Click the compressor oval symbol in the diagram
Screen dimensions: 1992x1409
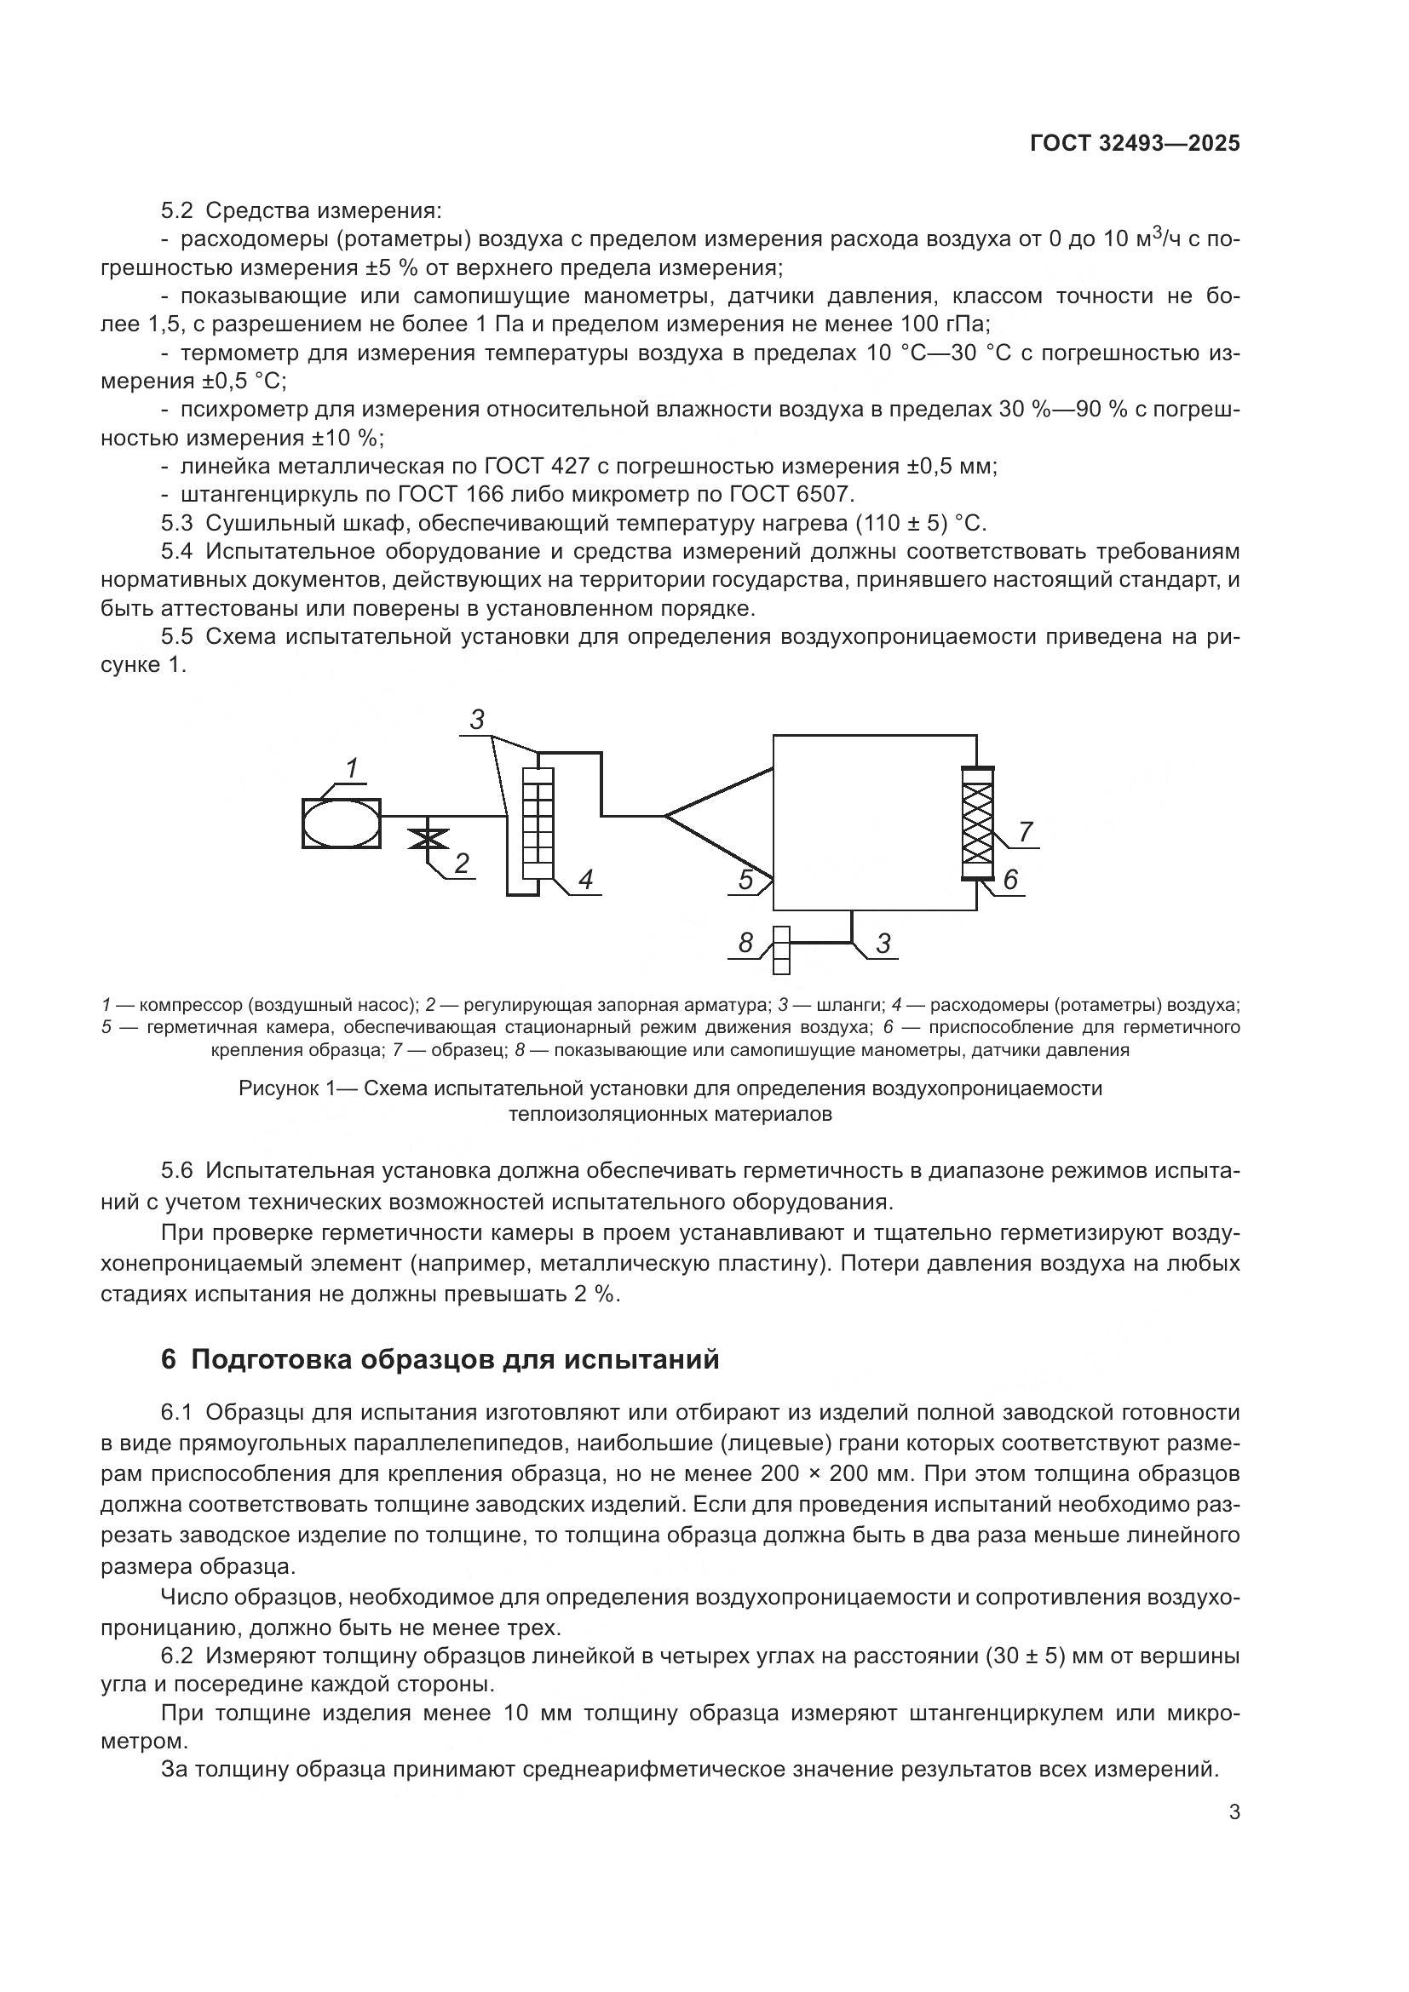(x=341, y=823)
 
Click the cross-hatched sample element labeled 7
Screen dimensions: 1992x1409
(x=977, y=823)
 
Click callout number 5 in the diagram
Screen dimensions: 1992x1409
(x=746, y=880)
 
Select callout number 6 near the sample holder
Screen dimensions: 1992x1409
(x=1011, y=881)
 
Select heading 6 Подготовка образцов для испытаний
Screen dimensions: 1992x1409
(x=440, y=1358)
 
